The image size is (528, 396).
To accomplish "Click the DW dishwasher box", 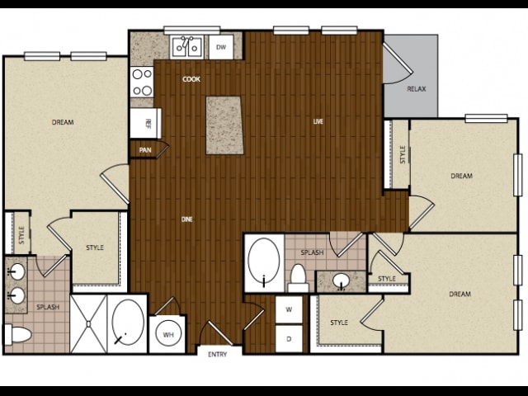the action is [221, 47].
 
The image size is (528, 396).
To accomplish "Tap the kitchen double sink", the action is [187, 47].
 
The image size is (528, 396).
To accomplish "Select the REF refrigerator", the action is [146, 123].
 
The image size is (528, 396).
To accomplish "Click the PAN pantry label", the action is [145, 150].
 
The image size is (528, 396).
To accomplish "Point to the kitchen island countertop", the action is [224, 125].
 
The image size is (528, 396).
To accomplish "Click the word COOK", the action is [191, 79].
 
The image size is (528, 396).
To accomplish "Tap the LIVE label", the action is [318, 121].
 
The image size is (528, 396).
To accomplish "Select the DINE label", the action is [187, 219].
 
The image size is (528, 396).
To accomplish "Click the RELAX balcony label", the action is [417, 89].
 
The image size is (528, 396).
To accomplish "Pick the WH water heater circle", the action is [168, 334].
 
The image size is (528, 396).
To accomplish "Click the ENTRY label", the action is [218, 354].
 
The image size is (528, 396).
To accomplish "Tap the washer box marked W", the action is [289, 309].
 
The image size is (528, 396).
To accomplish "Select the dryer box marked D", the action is [289, 339].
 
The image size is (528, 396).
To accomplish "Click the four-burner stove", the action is [142, 82].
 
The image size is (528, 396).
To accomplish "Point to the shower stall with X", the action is [88, 323].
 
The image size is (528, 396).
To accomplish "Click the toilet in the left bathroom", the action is [17, 335].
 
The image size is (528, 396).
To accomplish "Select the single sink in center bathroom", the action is [341, 280].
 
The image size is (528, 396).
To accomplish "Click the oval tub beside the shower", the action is [128, 323].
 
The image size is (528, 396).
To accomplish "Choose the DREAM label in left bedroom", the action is [63, 122].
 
